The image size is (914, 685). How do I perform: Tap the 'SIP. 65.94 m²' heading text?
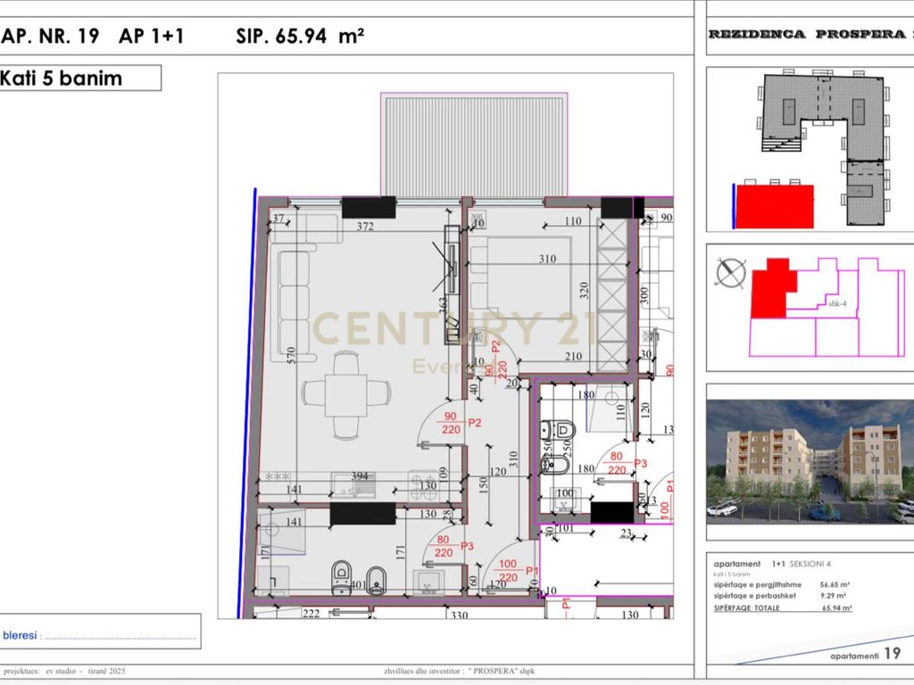[x=300, y=37]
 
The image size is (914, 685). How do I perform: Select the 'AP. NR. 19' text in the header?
[x=50, y=37]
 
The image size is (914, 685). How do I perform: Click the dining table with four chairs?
[x=346, y=393]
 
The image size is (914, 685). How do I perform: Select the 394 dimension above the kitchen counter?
[x=360, y=476]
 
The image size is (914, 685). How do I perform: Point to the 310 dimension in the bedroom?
[x=546, y=260]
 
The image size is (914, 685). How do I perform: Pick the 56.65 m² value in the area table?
[x=835, y=586]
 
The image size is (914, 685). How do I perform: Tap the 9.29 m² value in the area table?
[x=835, y=597]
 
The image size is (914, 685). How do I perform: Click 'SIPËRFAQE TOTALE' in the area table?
[x=747, y=608]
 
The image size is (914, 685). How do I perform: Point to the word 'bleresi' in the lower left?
[x=20, y=636]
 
